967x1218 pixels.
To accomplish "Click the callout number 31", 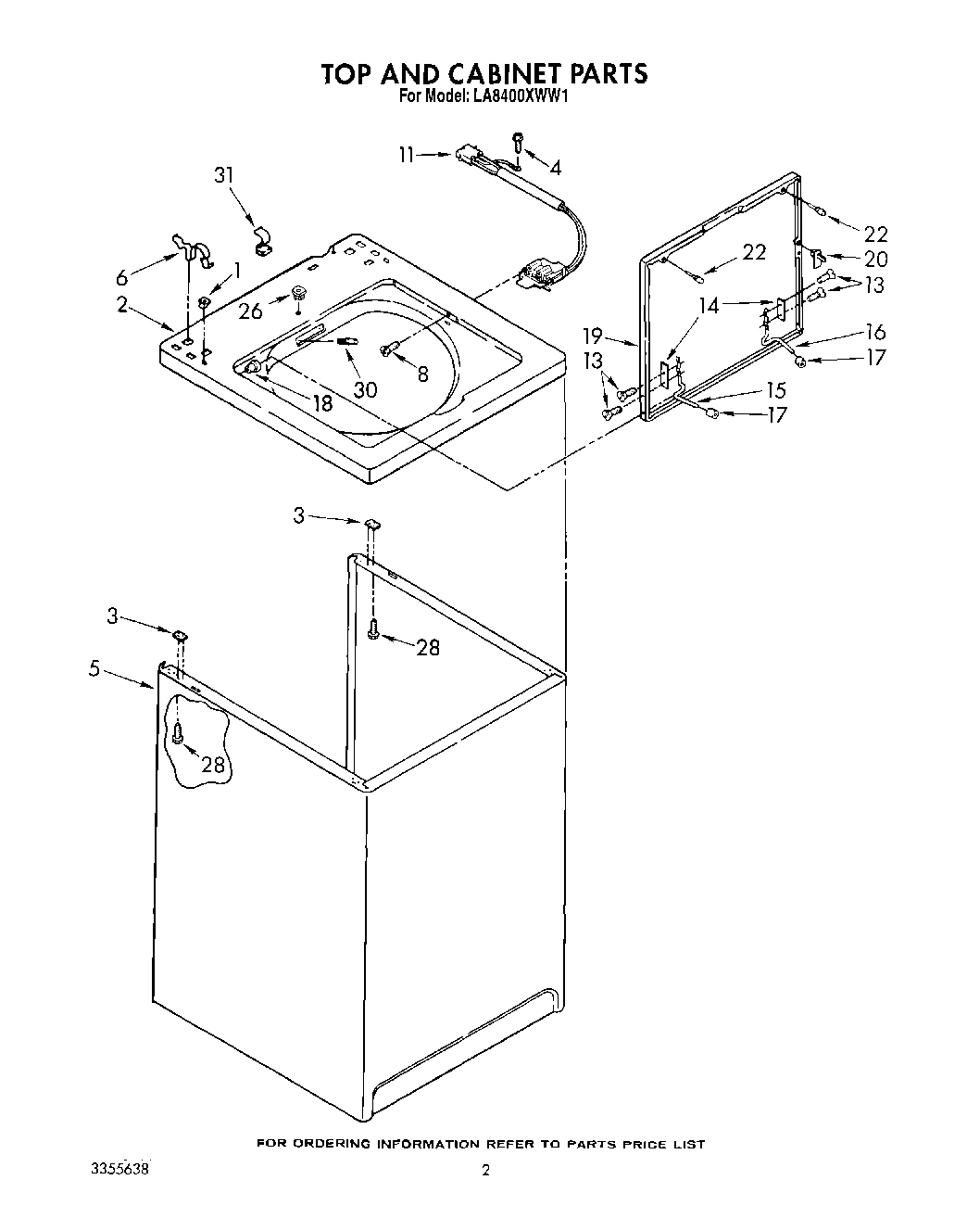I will [224, 176].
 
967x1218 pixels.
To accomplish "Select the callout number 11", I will [407, 155].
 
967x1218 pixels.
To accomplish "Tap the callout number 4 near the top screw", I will [555, 168].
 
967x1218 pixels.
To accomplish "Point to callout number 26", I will [250, 311].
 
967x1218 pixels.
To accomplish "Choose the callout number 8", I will [423, 374].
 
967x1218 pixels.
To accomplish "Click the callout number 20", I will [875, 260].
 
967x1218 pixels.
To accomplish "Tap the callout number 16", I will [875, 332].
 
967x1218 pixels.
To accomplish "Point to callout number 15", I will [775, 390].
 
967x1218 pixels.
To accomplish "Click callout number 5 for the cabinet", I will [94, 668].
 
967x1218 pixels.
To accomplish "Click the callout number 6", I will [122, 276].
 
